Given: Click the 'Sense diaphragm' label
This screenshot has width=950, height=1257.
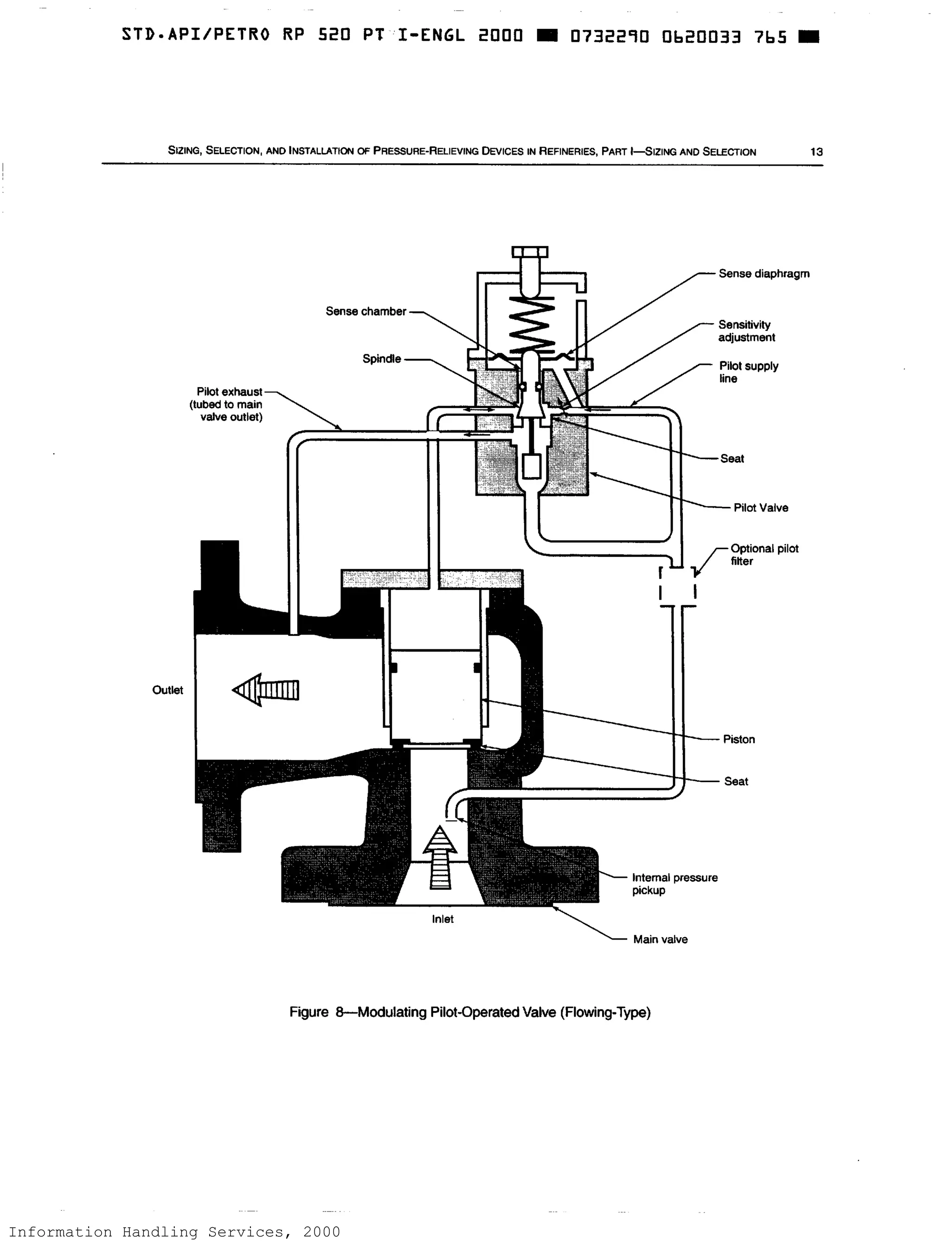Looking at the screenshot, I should click(763, 274).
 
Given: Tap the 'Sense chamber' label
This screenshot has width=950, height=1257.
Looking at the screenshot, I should click(366, 311).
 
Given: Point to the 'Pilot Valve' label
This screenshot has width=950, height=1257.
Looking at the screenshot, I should click(760, 508).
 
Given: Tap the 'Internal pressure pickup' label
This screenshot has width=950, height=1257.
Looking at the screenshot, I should click(674, 884).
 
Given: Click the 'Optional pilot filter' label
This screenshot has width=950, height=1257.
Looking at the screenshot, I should click(764, 555).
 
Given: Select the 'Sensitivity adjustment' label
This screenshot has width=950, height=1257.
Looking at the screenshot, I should click(745, 331).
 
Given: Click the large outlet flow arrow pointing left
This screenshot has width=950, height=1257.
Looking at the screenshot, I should click(266, 690).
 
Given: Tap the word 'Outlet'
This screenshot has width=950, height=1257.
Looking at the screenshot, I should click(167, 690).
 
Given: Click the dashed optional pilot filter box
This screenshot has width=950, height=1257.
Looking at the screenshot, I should click(677, 586).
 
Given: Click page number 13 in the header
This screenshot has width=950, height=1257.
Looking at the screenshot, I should click(816, 152).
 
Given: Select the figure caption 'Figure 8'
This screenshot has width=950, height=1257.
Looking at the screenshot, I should click(469, 1012).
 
